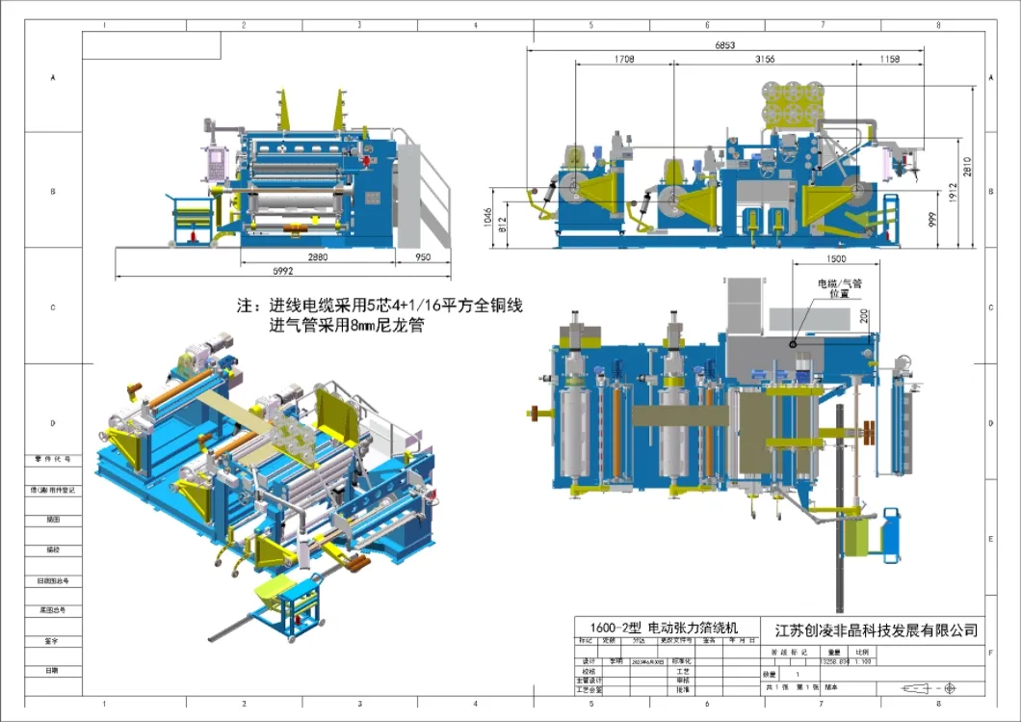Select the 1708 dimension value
click(x=623, y=59)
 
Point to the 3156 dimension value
click(x=765, y=59)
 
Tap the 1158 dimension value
click(x=889, y=59)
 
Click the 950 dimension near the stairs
click(x=422, y=258)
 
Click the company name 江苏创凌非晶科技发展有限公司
click(x=876, y=629)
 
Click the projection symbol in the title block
click(x=929, y=688)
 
